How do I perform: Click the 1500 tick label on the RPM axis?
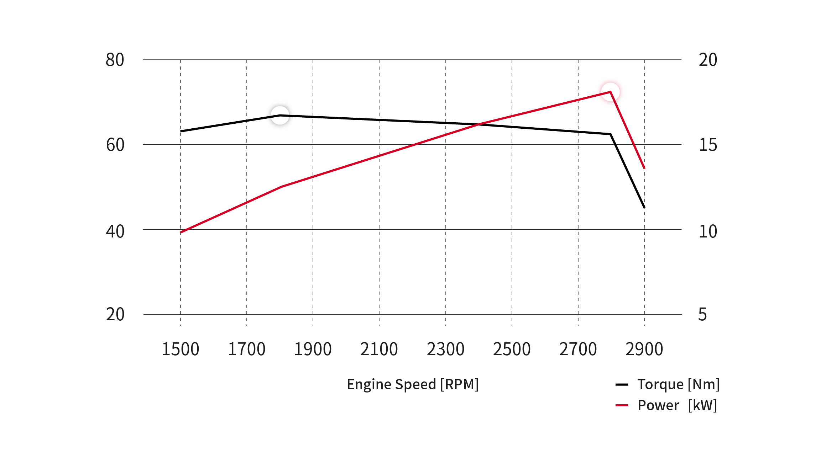(180, 349)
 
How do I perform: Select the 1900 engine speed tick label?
(313, 349)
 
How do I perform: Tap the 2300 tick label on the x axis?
(445, 349)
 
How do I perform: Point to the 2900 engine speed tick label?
(644, 349)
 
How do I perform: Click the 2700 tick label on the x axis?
(578, 349)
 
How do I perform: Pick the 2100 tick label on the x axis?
(379, 349)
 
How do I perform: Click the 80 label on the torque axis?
(115, 60)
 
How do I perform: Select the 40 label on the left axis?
(115, 231)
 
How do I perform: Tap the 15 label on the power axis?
(708, 145)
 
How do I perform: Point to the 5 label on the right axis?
(702, 315)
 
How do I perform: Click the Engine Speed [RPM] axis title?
(413, 384)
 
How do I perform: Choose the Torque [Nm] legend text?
(678, 384)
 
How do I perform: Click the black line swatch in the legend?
(622, 384)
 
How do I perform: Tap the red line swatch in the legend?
(622, 405)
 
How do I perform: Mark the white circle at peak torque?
(280, 115)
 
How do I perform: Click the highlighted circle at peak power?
(611, 92)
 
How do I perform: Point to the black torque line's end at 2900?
(644, 208)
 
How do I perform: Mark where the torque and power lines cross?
(479, 124)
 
